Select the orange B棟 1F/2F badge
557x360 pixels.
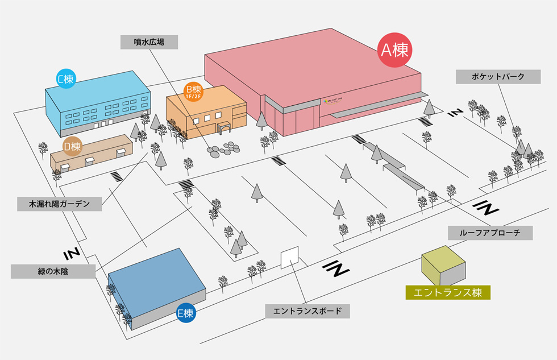pos(193,91)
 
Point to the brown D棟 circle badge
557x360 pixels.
pos(72,147)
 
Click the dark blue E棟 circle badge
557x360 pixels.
pos(186,313)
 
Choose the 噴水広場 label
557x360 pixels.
pos(149,42)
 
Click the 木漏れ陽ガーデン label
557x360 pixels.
pos(60,204)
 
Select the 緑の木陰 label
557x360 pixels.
pos(53,271)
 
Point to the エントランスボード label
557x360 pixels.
pos(307,311)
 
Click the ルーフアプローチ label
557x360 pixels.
pos(489,233)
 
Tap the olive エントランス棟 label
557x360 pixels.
pos(448,292)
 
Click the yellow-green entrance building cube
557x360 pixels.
pos(443,265)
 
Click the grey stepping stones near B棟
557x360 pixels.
pos(223,149)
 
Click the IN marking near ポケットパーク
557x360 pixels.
pos(454,113)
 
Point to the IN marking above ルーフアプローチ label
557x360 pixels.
pos(487,207)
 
